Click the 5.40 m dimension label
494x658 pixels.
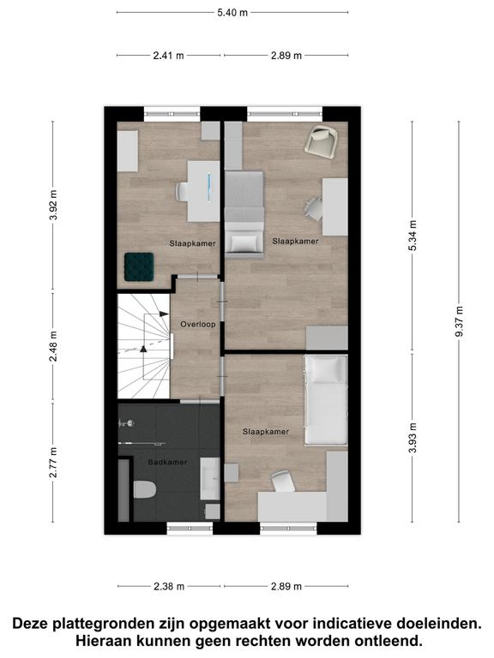pyautogui.click(x=232, y=13)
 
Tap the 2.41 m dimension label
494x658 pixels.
pyautogui.click(x=168, y=56)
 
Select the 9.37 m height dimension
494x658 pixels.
pyautogui.click(x=459, y=321)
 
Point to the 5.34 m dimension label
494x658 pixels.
pyautogui.click(x=413, y=236)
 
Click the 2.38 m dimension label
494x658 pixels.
pyautogui.click(x=169, y=586)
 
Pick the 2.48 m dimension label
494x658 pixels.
pyautogui.click(x=53, y=346)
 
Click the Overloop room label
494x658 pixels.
pyautogui.click(x=198, y=325)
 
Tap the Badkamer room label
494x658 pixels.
pyautogui.click(x=167, y=462)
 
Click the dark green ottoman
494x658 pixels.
pyautogui.click(x=139, y=267)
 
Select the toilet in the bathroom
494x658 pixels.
pyautogui.click(x=145, y=489)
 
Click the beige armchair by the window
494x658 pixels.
pyautogui.click(x=322, y=142)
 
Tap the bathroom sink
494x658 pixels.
pyautogui.click(x=209, y=479)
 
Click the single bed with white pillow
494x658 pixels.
pyautogui.click(x=326, y=400)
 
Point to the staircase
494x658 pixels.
pyautogui.click(x=144, y=346)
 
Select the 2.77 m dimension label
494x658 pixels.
pyautogui.click(x=53, y=463)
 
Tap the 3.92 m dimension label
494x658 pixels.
pyautogui.click(x=53, y=206)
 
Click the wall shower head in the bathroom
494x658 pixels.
pyautogui.click(x=127, y=423)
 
